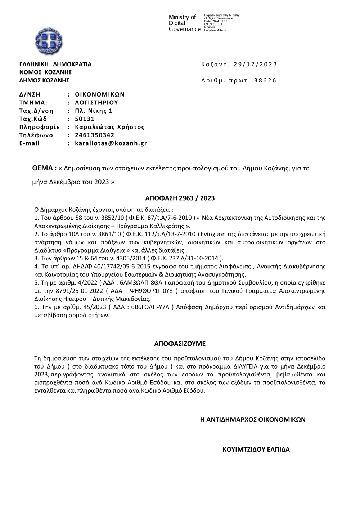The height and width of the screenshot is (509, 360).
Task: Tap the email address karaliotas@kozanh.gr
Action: [x=111, y=143]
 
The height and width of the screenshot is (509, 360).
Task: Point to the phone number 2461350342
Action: [x=95, y=135]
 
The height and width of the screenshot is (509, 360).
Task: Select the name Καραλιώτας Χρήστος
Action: [x=109, y=127]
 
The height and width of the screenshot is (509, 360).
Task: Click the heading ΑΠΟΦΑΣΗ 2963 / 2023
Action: [x=180, y=198]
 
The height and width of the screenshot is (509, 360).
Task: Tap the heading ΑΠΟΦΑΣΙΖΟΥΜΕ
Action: [x=180, y=344]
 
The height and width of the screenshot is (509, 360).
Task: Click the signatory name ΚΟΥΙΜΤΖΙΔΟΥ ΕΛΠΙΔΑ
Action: [x=256, y=450]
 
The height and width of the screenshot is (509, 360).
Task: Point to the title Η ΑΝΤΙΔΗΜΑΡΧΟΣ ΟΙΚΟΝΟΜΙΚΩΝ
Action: [x=253, y=419]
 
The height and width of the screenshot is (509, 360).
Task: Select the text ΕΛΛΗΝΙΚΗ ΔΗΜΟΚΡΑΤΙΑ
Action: [x=55, y=64]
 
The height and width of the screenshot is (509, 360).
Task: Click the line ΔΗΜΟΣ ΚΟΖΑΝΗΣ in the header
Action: [x=44, y=80]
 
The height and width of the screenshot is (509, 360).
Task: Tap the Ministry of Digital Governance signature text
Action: [x=184, y=23]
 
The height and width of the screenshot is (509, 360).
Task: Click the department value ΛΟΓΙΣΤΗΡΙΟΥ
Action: [x=96, y=103]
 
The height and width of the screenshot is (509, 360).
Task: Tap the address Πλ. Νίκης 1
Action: [x=94, y=111]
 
